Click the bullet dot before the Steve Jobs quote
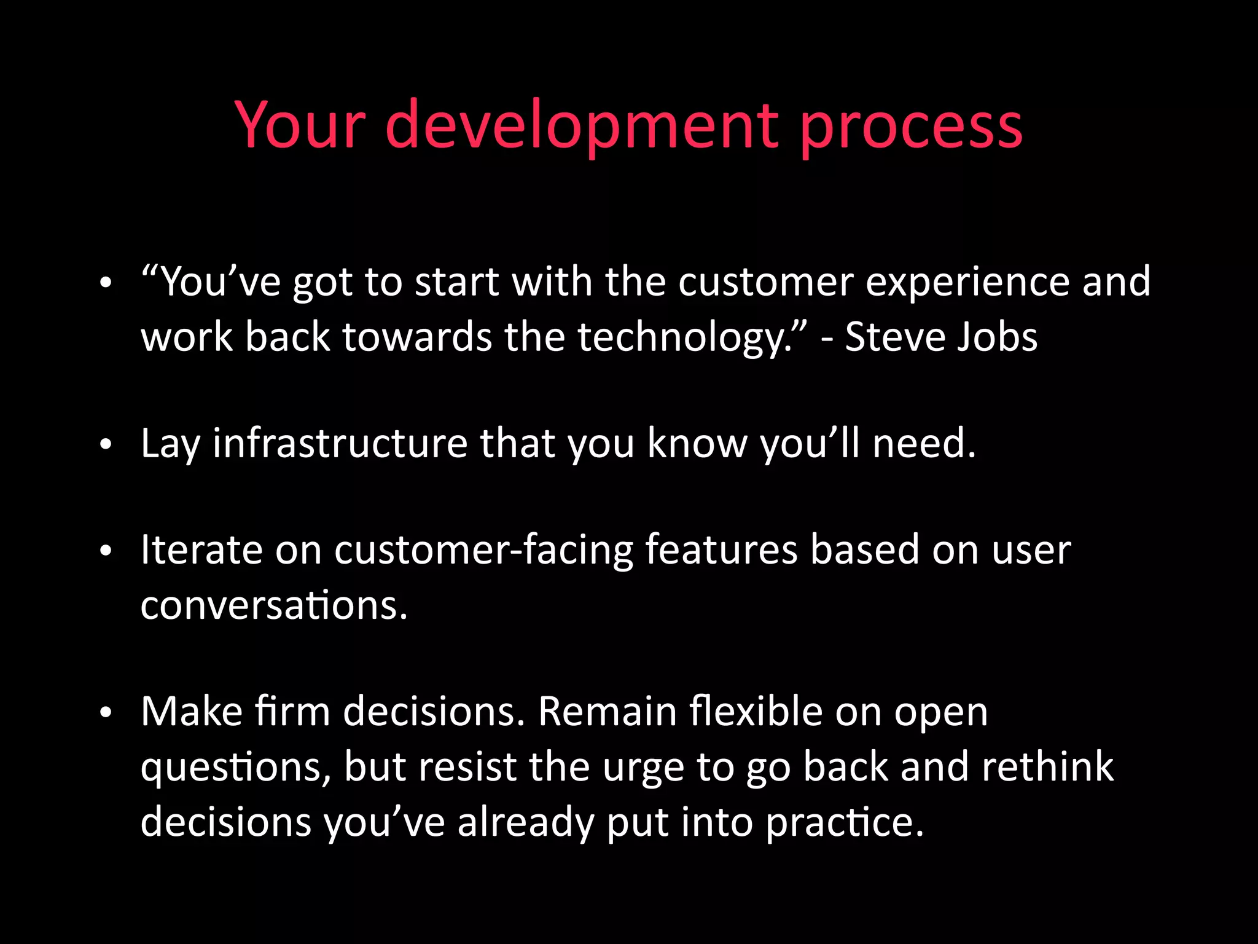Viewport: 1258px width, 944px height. click(106, 284)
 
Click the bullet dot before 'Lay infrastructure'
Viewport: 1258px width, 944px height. click(106, 444)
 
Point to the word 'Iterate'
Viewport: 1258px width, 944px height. click(201, 549)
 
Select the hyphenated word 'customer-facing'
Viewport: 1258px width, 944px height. click(483, 551)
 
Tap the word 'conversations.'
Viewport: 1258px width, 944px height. click(274, 605)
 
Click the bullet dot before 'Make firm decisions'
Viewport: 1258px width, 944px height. click(106, 712)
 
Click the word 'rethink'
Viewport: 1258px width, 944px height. click(1047, 766)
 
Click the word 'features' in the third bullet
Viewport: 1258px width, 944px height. click(721, 549)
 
